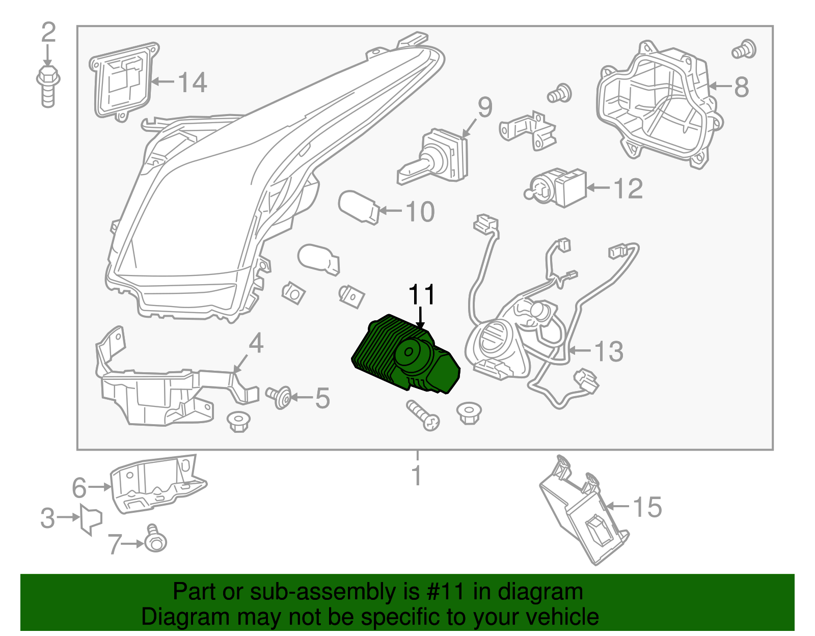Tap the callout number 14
[193, 82]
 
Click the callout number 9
[484, 107]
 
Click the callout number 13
[609, 351]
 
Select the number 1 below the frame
[417, 475]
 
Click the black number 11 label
[422, 295]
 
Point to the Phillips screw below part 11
[423, 415]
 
